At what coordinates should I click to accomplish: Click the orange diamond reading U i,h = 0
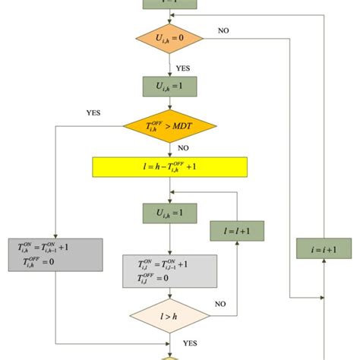tap(169, 36)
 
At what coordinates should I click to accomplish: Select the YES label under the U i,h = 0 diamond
tap(183, 68)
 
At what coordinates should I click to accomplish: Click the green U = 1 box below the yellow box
tap(169, 211)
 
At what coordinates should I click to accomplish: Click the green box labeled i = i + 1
tap(324, 249)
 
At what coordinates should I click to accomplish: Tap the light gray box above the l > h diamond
tap(169, 270)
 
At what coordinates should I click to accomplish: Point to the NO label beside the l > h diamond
tap(221, 304)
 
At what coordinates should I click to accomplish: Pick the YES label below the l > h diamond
tap(191, 342)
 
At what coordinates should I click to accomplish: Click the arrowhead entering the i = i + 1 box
tap(324, 262)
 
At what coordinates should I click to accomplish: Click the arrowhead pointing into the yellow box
tap(169, 154)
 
